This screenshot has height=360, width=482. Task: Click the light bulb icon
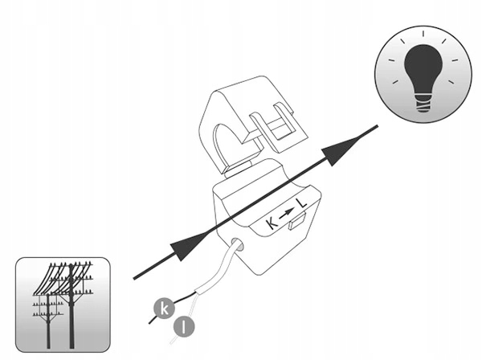(x=423, y=74)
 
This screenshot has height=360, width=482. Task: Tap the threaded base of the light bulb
(x=423, y=103)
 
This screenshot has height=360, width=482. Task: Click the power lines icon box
(x=63, y=305)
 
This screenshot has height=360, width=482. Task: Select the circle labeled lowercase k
(x=164, y=309)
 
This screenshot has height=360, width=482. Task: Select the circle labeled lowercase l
(x=184, y=327)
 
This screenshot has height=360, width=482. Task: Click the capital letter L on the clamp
(x=301, y=204)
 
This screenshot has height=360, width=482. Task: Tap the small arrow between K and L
(x=287, y=213)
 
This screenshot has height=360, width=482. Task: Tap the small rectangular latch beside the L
(x=296, y=221)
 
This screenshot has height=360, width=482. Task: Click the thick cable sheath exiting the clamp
(x=220, y=268)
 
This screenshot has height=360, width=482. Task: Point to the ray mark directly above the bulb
(x=423, y=34)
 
